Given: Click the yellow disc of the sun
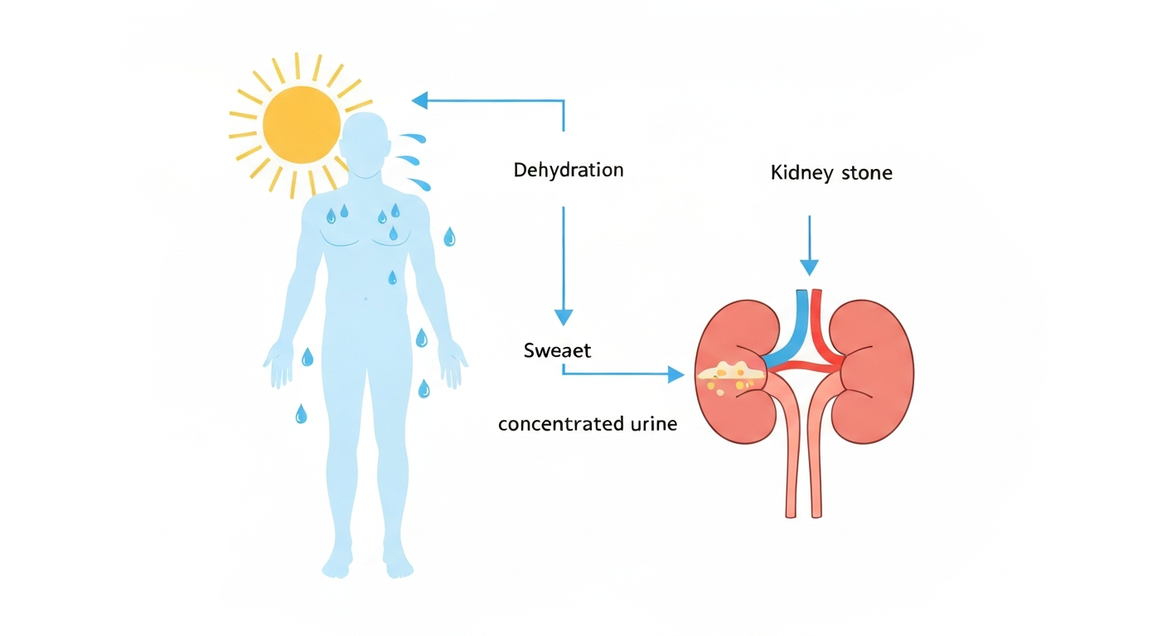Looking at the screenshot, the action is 301,125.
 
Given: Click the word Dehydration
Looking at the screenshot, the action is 569,171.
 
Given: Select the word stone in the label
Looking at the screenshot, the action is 867,173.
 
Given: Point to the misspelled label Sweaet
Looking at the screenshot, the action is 557,351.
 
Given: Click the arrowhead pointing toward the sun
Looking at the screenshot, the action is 419,100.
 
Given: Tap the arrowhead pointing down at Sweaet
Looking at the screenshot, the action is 563,317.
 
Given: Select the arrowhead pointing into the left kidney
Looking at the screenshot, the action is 676,374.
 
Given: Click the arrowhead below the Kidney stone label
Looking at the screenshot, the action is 809,267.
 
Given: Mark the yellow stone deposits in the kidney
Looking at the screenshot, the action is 730,377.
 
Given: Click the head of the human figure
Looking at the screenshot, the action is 365,145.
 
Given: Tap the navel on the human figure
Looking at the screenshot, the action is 366,299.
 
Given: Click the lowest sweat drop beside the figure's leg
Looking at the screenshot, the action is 301,414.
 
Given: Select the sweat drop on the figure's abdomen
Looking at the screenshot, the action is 392,277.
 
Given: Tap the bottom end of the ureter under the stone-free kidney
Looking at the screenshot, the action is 816,515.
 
